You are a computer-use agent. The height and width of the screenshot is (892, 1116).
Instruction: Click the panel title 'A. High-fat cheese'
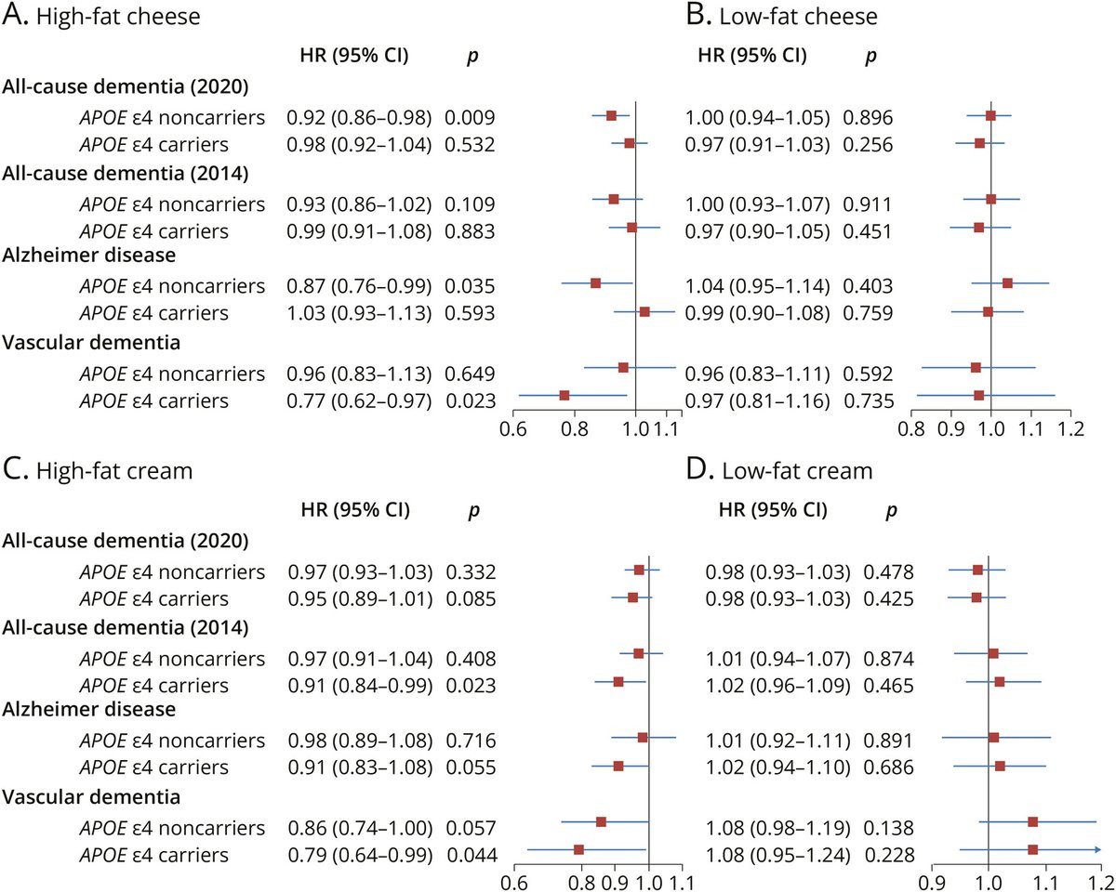click(101, 16)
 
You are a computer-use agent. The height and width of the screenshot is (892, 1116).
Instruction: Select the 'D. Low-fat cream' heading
click(779, 470)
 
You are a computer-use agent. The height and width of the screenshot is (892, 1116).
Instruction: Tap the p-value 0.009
click(470, 118)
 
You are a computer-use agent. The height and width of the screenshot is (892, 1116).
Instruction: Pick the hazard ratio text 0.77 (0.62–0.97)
click(359, 401)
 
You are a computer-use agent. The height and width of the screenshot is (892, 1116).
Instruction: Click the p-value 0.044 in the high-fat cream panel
click(472, 855)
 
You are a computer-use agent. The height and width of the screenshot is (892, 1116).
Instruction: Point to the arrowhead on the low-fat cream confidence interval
click(1097, 849)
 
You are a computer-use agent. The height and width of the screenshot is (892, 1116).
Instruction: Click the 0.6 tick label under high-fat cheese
click(512, 429)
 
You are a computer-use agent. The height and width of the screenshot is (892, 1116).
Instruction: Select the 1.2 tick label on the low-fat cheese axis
click(1070, 429)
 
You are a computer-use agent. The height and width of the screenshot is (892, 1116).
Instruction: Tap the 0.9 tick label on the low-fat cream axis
click(932, 883)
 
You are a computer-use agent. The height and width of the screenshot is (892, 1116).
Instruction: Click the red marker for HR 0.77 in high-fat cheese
click(565, 396)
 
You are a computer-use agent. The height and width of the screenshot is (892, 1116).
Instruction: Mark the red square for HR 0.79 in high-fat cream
click(578, 849)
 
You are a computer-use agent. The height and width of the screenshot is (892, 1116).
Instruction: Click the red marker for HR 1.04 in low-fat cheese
click(1007, 283)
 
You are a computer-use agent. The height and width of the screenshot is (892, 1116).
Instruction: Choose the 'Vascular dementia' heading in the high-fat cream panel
click(91, 796)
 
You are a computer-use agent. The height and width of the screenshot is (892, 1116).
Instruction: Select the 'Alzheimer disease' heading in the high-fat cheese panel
click(89, 255)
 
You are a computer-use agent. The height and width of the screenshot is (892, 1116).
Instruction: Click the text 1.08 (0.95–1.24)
click(777, 855)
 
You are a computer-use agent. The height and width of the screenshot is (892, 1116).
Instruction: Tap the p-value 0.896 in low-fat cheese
click(868, 118)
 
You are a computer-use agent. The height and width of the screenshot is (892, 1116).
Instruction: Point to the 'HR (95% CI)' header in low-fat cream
click(773, 510)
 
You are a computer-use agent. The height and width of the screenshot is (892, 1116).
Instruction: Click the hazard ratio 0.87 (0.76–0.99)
click(359, 286)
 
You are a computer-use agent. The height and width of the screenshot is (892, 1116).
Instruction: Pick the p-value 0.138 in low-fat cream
click(888, 828)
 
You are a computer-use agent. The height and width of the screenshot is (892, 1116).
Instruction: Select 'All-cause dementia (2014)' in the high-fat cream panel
click(126, 628)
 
